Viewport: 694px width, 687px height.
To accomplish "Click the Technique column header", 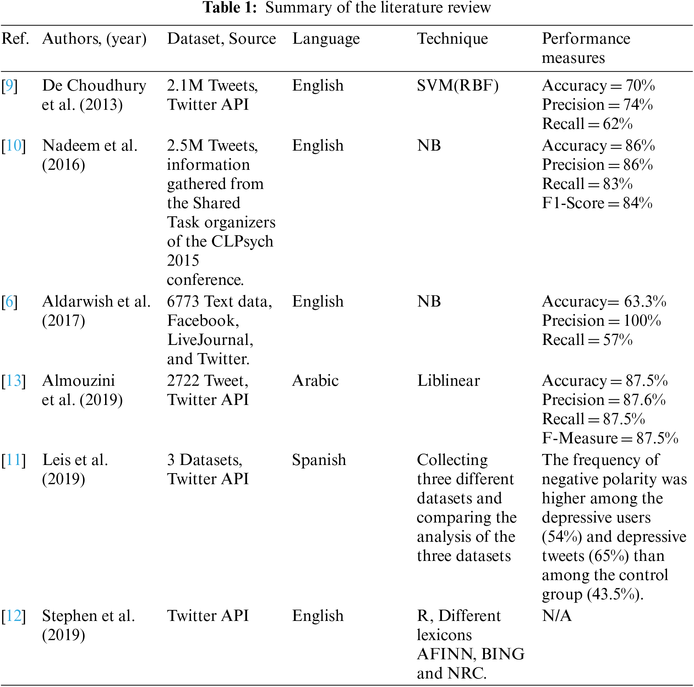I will [452, 38].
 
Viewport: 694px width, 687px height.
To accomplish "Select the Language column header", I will [326, 38].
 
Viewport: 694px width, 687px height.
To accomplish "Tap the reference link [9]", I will [10, 86].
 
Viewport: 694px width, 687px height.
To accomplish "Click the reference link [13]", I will [13, 381].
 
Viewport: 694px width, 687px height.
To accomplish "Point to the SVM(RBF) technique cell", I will [458, 86].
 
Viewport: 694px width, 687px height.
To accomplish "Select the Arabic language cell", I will [315, 381].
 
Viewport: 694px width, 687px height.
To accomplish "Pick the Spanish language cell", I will [319, 460].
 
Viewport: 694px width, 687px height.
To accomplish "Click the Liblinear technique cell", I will [448, 381].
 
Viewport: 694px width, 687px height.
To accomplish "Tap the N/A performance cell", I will [556, 616].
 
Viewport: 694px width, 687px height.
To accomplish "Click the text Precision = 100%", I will [601, 321].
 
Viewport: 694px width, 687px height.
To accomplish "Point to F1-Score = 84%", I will [597, 203].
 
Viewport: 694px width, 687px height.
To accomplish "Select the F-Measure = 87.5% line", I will [610, 438].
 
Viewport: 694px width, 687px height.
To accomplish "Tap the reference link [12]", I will [13, 616].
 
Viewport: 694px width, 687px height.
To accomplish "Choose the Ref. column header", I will [15, 38].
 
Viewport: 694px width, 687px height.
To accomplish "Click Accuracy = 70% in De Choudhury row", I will [599, 86].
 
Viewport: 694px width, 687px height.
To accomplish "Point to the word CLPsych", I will [242, 242].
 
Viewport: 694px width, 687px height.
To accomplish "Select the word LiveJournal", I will [210, 340].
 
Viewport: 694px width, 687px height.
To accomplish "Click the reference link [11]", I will [13, 460].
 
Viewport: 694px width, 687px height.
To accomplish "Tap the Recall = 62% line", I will [587, 124].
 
